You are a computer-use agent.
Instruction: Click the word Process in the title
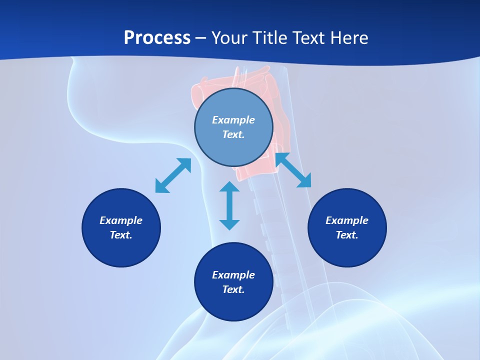coord(157,37)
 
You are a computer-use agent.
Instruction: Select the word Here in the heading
coord(349,37)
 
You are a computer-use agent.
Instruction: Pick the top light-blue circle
coord(233,127)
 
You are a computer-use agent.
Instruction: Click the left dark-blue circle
coord(121,228)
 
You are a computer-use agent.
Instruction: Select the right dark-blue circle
coord(347,228)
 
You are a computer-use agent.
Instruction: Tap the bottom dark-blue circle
coord(233,282)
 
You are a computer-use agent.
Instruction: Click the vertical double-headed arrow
coord(229,205)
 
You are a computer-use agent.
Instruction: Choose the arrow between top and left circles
coord(173,175)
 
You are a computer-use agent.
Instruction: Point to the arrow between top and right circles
coord(293,170)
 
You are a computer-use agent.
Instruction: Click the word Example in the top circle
coord(233,120)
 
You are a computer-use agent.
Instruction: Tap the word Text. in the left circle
coord(121,235)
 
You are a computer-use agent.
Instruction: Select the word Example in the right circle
coord(347,220)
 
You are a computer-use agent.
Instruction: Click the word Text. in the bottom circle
coord(233,289)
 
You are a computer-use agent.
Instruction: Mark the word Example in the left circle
coord(121,220)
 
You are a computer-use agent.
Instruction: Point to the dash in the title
coord(201,39)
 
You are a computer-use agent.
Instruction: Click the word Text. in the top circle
coord(233,134)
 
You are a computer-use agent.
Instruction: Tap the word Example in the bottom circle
coord(233,275)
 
